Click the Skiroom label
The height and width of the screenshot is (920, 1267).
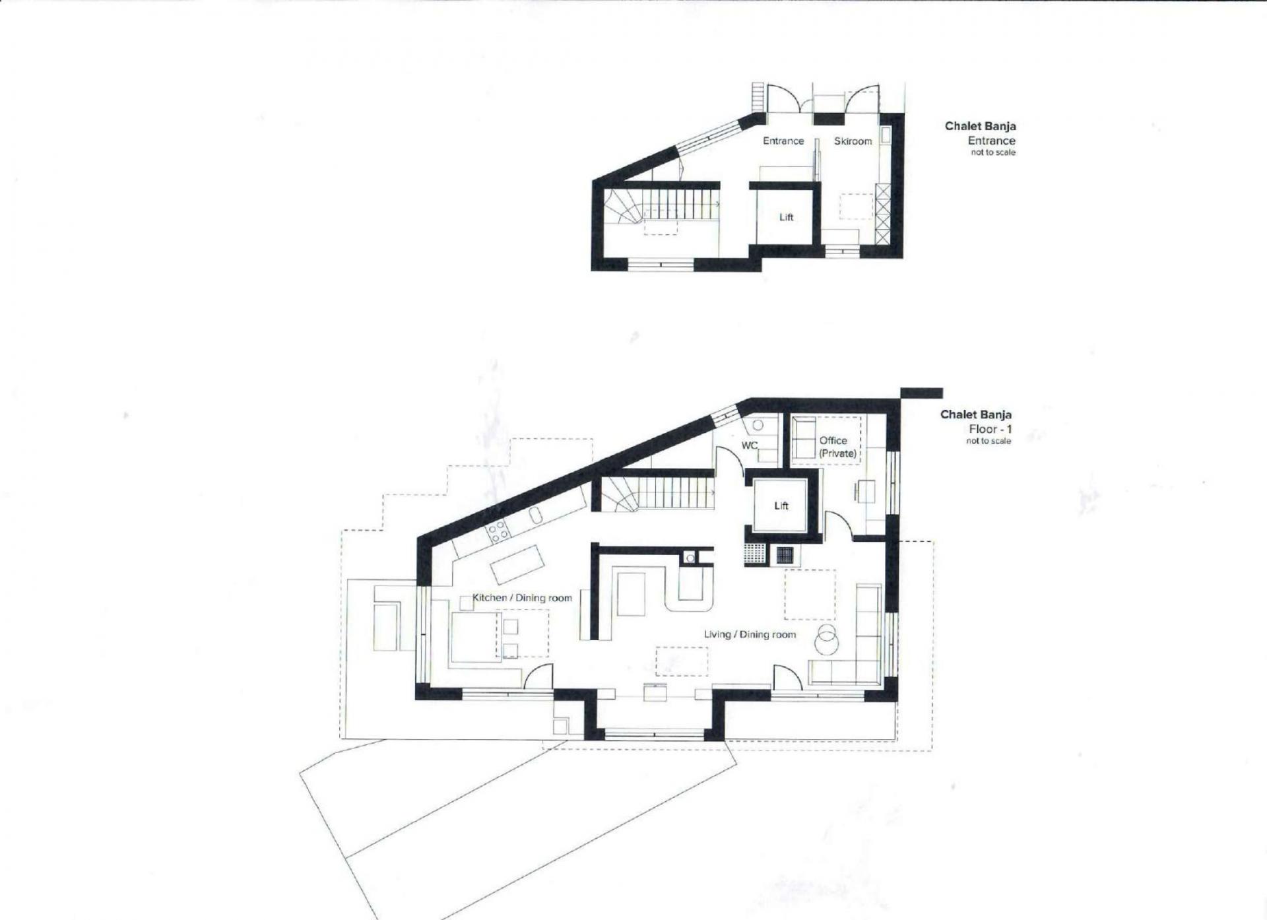853,141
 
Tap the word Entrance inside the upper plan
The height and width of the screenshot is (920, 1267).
783,141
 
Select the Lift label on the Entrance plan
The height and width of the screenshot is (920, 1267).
786,217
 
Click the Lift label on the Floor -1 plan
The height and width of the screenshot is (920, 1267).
781,506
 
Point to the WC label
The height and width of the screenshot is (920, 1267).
750,445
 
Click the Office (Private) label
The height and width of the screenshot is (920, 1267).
837,447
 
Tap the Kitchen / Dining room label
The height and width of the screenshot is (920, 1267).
522,598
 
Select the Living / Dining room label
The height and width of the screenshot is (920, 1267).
750,634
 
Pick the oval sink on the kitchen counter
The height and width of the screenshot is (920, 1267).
536,515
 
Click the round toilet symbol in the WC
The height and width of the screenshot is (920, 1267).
758,426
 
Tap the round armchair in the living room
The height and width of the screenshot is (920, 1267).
827,638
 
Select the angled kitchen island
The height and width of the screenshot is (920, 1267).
517,565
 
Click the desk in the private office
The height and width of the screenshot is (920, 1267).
865,492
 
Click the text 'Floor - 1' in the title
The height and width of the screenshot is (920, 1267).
990,429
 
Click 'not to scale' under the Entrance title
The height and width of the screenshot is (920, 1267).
993,152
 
